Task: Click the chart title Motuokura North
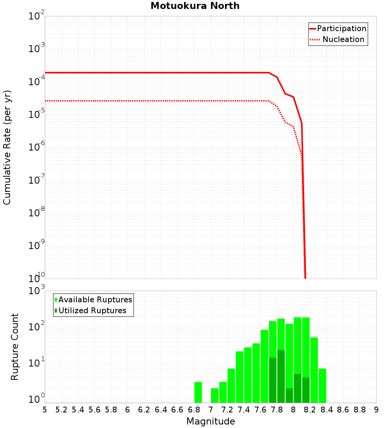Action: (195, 6)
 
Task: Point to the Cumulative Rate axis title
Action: (7, 147)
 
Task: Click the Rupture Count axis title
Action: (15, 346)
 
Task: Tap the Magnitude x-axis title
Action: (211, 421)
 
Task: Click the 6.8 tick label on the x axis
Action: (194, 410)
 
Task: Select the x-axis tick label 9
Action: (376, 410)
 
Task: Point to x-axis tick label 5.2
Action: (61, 410)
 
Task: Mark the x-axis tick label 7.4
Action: (244, 410)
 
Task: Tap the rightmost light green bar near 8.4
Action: (322, 385)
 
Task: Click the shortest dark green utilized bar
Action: (289, 395)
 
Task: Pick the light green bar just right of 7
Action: (214, 395)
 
